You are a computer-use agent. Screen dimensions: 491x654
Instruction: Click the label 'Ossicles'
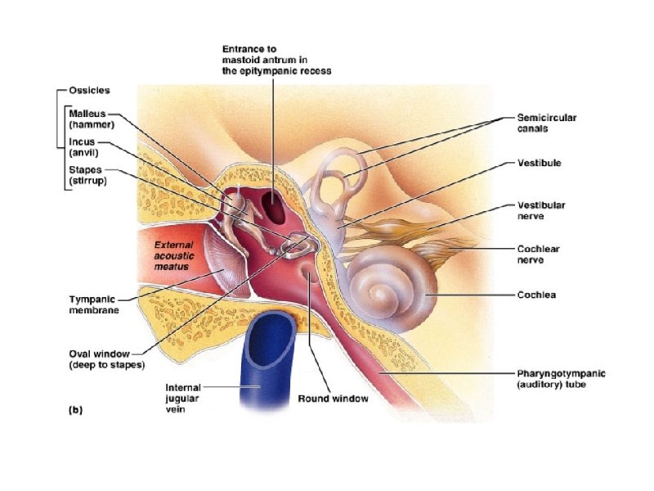pyautogui.click(x=89, y=90)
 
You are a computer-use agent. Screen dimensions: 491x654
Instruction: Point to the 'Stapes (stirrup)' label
pyautogui.click(x=87, y=176)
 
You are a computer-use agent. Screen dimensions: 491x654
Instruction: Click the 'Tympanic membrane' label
pyautogui.click(x=94, y=304)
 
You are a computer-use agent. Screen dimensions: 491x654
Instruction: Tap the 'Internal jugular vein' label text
pyautogui.click(x=183, y=399)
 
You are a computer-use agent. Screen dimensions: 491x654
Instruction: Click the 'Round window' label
pyautogui.click(x=333, y=399)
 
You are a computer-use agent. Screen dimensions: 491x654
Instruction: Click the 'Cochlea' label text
pyautogui.click(x=536, y=295)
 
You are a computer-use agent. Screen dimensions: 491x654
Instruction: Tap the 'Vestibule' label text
pyautogui.click(x=539, y=163)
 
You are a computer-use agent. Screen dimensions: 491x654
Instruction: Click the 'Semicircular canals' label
pyautogui.click(x=546, y=123)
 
